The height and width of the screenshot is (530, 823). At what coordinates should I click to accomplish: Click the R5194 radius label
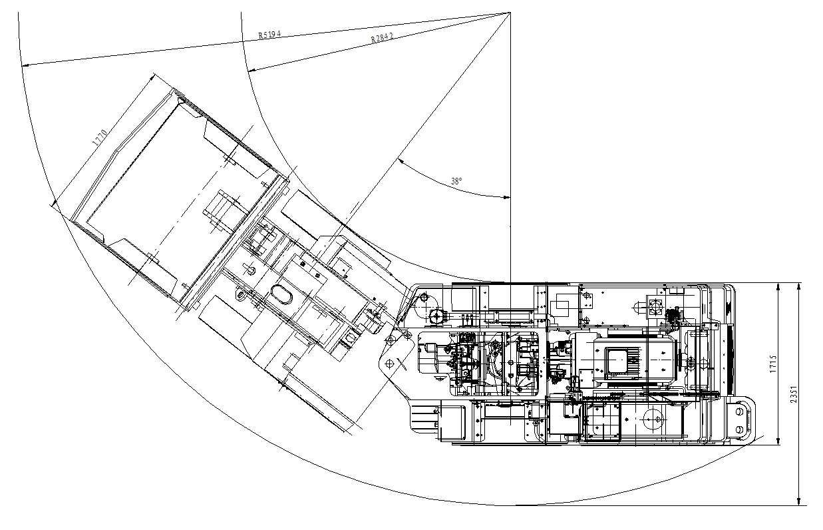point(269,35)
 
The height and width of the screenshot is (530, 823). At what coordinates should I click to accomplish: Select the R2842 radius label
point(382,37)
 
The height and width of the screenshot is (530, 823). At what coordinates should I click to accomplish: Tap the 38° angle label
point(456,181)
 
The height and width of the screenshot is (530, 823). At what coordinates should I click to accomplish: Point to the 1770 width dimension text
point(100,138)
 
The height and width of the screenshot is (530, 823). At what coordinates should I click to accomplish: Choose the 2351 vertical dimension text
point(794,394)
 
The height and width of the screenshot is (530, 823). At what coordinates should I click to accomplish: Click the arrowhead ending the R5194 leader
point(26,65)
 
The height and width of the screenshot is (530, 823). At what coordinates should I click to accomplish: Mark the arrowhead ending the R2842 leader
point(252,70)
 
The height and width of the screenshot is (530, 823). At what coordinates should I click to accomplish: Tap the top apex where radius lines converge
point(510,13)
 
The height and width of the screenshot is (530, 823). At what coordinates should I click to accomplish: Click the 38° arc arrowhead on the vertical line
point(507,197)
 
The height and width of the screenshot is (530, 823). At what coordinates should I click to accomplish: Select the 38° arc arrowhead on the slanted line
point(401,161)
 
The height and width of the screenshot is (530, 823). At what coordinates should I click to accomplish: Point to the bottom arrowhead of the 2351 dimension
point(798,501)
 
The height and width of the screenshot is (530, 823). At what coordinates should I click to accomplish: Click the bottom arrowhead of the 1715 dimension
point(778,441)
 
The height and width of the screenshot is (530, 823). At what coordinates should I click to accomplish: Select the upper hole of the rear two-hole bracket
point(740,411)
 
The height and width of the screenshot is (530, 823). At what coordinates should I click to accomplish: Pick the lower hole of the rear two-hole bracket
point(740,429)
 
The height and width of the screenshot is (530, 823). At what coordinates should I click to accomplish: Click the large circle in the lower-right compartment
point(653,419)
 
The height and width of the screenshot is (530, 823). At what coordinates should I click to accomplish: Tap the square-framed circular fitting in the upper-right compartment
point(655,306)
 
